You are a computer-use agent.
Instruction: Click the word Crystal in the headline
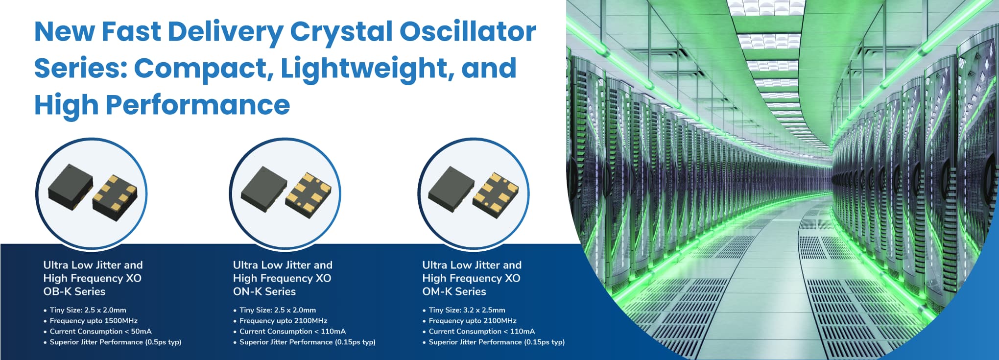341,32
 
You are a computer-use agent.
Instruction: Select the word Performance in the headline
198,105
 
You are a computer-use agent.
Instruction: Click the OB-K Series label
74,291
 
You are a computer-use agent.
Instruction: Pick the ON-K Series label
264,291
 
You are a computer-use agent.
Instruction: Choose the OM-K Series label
454,291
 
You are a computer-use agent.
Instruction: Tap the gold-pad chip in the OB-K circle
115,197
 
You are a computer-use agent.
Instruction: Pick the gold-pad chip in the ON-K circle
309,194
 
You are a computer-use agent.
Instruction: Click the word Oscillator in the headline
468,31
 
